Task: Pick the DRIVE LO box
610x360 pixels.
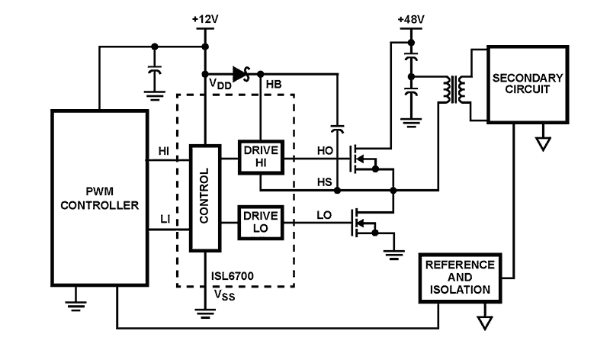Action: pyautogui.click(x=260, y=221)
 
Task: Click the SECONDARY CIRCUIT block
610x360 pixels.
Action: pyautogui.click(x=528, y=84)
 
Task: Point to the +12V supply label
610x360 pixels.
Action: pyautogui.click(x=204, y=17)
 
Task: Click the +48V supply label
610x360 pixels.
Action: pyautogui.click(x=412, y=17)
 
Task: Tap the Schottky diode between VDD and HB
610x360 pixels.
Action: pyautogui.click(x=242, y=74)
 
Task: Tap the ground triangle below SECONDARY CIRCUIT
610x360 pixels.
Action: pyautogui.click(x=543, y=143)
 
